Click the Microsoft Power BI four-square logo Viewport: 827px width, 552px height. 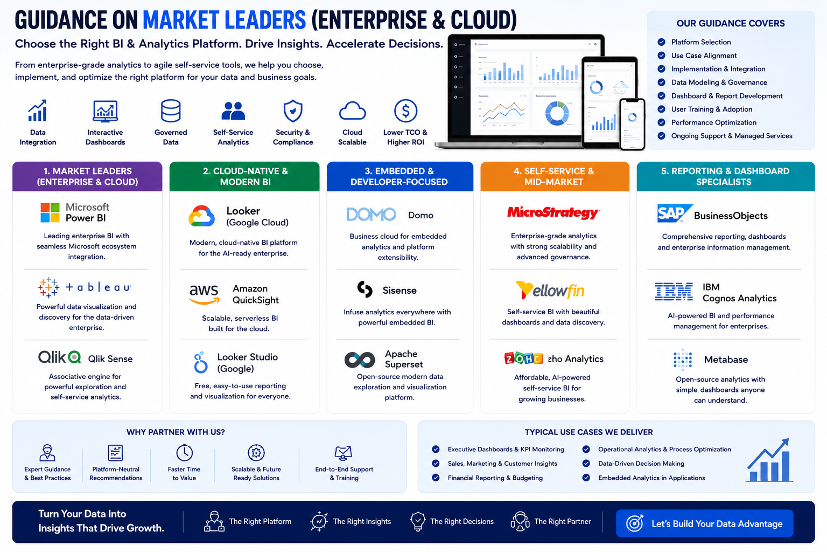[50, 212]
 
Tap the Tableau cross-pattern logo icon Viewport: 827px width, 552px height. [48, 287]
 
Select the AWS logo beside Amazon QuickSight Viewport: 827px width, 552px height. [204, 294]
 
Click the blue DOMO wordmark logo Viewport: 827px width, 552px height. [371, 215]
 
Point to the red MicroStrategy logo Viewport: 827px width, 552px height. [553, 212]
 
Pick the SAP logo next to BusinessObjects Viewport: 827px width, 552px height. [675, 213]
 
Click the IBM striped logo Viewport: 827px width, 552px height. [674, 291]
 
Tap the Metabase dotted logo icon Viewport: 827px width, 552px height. [682, 360]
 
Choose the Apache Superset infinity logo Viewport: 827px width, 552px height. [360, 360]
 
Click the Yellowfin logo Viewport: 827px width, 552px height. [550, 290]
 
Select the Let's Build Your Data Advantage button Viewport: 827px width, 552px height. [704, 523]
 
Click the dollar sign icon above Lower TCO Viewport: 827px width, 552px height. [405, 111]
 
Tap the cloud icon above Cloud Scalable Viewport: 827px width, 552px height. [352, 111]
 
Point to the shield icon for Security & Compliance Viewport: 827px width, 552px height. [293, 111]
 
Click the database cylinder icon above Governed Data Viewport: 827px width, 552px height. [171, 111]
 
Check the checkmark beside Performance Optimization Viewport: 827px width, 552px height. [661, 122]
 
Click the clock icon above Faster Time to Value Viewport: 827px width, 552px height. [184, 453]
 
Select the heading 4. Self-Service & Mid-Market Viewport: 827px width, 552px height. [554, 176]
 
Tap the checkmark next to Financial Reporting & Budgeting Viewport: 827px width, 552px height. [436, 478]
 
